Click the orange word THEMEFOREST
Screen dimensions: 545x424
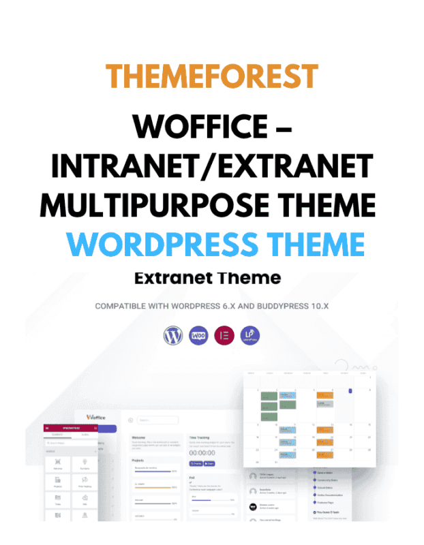click(x=213, y=76)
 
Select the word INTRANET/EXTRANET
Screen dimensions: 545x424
click(x=212, y=166)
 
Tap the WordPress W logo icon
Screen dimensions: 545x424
click(x=173, y=334)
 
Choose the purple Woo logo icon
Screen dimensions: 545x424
click(x=198, y=334)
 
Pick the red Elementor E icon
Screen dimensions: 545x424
click(x=224, y=334)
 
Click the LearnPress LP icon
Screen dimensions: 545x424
click(x=250, y=334)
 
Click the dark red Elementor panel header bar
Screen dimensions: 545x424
click(x=71, y=428)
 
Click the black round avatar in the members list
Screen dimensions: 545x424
click(x=253, y=505)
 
